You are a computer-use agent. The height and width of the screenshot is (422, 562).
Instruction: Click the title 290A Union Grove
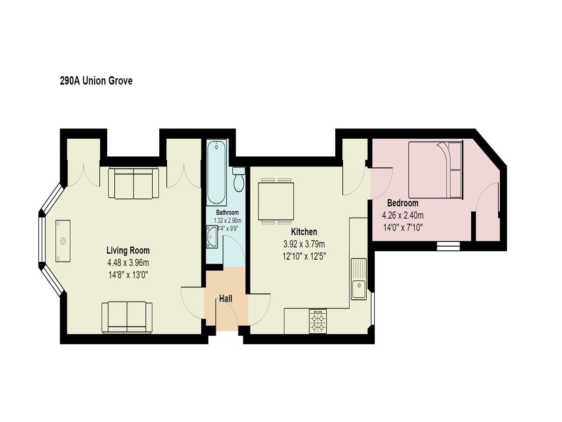pyautogui.click(x=96, y=81)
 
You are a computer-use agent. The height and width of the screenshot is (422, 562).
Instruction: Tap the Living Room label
pyautogui.click(x=128, y=250)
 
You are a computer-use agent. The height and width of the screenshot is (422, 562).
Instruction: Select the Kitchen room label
pyautogui.click(x=304, y=232)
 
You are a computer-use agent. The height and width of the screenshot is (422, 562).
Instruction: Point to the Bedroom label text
pyautogui.click(x=402, y=203)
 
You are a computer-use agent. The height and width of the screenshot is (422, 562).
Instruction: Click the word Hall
pyautogui.click(x=226, y=299)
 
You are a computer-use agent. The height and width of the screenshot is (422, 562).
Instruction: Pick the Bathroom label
pyautogui.click(x=227, y=212)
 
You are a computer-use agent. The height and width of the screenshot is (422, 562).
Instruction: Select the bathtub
pyautogui.click(x=216, y=173)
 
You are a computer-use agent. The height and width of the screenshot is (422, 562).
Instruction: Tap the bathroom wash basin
pyautogui.click(x=212, y=236)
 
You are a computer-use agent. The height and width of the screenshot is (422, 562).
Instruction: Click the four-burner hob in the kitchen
pyautogui.click(x=318, y=321)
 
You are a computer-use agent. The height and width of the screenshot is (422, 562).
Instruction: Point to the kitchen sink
pyautogui.click(x=358, y=279)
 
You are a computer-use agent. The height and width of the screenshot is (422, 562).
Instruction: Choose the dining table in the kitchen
pyautogui.click(x=276, y=201)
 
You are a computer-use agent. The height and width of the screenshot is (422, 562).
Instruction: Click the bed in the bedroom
pyautogui.click(x=436, y=170)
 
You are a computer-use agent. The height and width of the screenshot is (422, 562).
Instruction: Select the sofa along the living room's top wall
pyautogui.click(x=133, y=183)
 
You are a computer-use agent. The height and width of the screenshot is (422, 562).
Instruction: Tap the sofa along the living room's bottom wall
pyautogui.click(x=127, y=317)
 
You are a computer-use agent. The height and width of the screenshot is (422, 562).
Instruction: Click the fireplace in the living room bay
pyautogui.click(x=63, y=241)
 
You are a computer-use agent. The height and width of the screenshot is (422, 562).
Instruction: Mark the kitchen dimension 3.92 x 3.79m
pyautogui.click(x=304, y=244)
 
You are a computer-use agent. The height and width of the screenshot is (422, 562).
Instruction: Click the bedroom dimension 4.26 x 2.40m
pyautogui.click(x=402, y=215)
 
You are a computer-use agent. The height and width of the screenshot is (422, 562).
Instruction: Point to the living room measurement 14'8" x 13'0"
pyautogui.click(x=128, y=275)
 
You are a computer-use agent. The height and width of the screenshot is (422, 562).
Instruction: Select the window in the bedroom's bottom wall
pyautogui.click(x=448, y=246)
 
